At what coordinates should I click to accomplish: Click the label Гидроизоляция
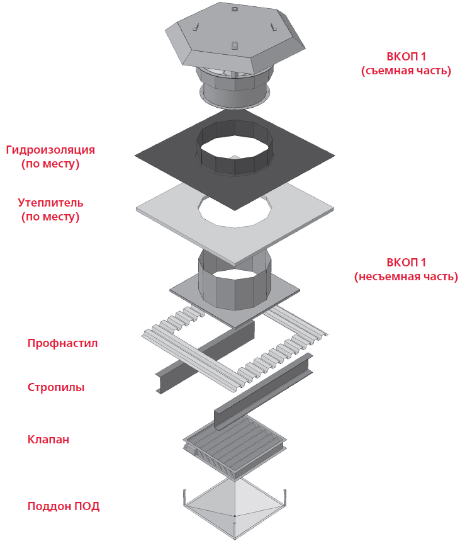50,150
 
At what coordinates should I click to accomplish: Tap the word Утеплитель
50,203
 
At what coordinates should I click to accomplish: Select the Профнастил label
62,343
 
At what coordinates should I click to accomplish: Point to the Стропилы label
56,387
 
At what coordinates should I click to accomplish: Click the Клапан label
48,440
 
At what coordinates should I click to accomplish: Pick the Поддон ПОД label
64,506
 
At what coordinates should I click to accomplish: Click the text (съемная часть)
406,71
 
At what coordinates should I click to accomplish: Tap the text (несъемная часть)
406,276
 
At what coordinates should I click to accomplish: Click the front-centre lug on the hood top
233,45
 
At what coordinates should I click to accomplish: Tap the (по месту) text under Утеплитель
50,217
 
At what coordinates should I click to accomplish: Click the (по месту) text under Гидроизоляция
50,164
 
